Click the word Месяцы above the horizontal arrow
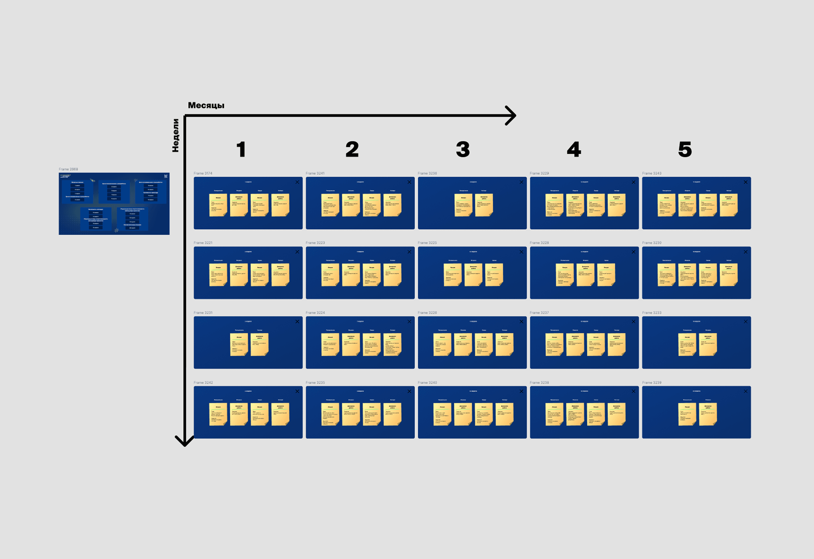point(206,105)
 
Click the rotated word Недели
point(175,136)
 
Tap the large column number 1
point(241,149)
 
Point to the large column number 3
point(463,149)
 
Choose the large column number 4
point(574,149)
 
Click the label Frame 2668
point(68,169)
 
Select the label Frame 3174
point(203,173)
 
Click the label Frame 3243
point(652,173)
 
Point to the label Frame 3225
point(427,243)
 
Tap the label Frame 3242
point(203,383)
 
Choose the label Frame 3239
point(652,383)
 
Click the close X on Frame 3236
point(521,182)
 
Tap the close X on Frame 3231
point(297,322)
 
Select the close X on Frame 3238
point(633,391)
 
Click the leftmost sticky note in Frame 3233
point(687,345)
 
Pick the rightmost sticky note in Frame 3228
point(606,275)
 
